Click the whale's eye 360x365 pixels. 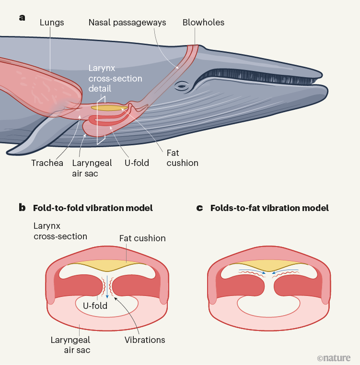click(x=182, y=87)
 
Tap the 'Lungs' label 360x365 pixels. click(x=52, y=22)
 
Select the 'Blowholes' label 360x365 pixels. click(x=203, y=22)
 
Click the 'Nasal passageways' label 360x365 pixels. click(x=127, y=22)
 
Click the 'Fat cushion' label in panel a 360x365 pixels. click(x=182, y=158)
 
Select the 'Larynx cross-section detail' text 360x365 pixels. click(x=115, y=79)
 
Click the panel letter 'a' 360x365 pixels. click(x=22, y=18)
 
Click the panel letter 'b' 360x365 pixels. click(x=22, y=208)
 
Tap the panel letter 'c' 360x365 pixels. click(x=200, y=208)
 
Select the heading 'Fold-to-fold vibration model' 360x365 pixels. click(x=93, y=208)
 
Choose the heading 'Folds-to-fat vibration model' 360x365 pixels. click(x=269, y=208)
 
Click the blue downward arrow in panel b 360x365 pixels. click(x=107, y=294)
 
